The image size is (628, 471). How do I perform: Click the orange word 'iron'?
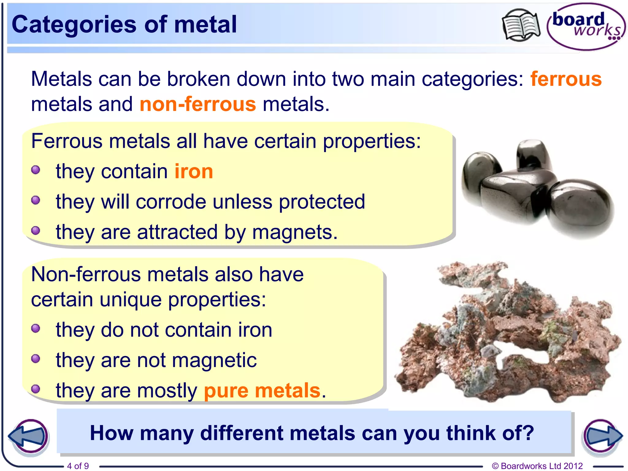pos(193,171)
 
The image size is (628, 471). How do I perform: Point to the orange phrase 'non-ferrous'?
pos(198,104)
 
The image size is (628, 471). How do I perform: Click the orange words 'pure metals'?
pos(262,391)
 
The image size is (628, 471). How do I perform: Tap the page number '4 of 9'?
pos(78,466)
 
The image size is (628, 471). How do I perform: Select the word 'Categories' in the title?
pos(74,25)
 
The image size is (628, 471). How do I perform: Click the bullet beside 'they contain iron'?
pos(36,170)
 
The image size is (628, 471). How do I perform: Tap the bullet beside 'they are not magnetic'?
pos(36,358)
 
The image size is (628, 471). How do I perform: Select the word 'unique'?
pos(131,300)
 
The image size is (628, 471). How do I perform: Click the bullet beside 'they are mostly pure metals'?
pos(36,389)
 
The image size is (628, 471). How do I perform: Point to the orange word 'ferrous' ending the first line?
pos(566,79)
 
